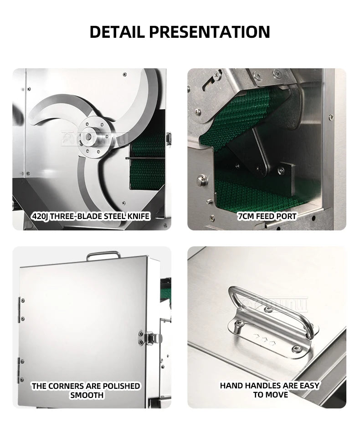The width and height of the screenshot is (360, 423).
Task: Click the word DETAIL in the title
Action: pos(117,32)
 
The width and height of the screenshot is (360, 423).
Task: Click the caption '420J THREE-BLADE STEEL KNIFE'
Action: pos(91,216)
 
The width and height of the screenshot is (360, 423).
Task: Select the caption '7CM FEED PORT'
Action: pos(267,216)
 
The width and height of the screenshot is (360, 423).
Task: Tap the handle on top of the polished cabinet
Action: pos(103,255)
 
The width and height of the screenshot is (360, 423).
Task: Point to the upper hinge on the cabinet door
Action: pos(21,310)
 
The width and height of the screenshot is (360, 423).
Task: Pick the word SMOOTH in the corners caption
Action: pos(87,395)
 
